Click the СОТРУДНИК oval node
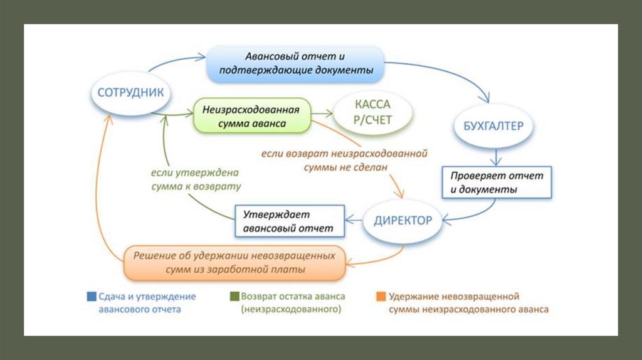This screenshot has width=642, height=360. pos(130,93)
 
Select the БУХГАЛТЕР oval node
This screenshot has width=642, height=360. pos(493,125)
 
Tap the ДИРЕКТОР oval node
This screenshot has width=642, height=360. pos(403,221)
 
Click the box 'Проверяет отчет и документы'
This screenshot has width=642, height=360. pos(497,182)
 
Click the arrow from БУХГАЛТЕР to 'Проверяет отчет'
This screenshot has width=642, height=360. pos(497,156)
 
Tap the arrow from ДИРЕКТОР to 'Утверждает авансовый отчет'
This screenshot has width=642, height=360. pos(356,220)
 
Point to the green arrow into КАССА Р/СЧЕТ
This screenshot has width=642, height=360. pos(322,114)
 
